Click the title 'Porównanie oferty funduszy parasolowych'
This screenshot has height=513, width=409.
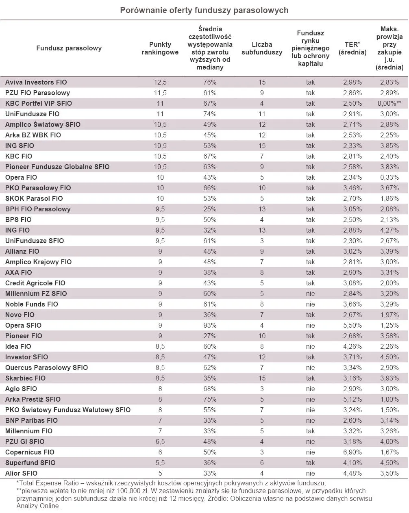pyautogui.click(x=204, y=10)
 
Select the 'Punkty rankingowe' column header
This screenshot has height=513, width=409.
pyautogui.click(x=160, y=48)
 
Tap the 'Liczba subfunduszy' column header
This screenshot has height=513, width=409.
pyautogui.click(x=261, y=48)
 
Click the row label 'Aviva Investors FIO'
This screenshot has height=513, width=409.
pyautogui.click(x=36, y=82)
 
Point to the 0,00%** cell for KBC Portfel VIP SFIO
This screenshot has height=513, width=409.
pyautogui.click(x=389, y=103)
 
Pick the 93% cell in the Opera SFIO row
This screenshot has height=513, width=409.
pyautogui.click(x=210, y=325)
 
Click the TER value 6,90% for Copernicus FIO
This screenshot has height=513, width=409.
pyautogui.click(x=352, y=452)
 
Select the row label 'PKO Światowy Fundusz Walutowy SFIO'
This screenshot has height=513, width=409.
pyautogui.click(x=68, y=410)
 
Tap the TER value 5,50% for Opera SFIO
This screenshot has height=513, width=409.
pyautogui.click(x=352, y=325)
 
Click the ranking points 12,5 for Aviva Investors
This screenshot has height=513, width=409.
pyautogui.click(x=160, y=82)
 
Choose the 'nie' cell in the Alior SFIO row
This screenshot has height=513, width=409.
pyautogui.click(x=310, y=473)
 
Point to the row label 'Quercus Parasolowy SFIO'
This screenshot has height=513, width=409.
pyautogui.click(x=46, y=367)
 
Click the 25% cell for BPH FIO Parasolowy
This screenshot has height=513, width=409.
pyautogui.click(x=210, y=209)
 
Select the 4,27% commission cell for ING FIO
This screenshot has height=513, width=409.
pyautogui.click(x=389, y=230)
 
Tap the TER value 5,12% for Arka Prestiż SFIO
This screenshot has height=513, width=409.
pyautogui.click(x=352, y=399)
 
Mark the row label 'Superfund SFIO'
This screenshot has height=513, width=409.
pyautogui.click(x=30, y=463)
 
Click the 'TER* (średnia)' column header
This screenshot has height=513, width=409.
pyautogui.click(x=352, y=48)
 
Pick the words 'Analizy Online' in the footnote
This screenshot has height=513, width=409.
pyautogui.click(x=38, y=506)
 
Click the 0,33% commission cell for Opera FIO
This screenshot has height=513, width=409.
pyautogui.click(x=389, y=177)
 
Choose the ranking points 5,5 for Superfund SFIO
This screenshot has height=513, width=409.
pyautogui.click(x=160, y=463)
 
